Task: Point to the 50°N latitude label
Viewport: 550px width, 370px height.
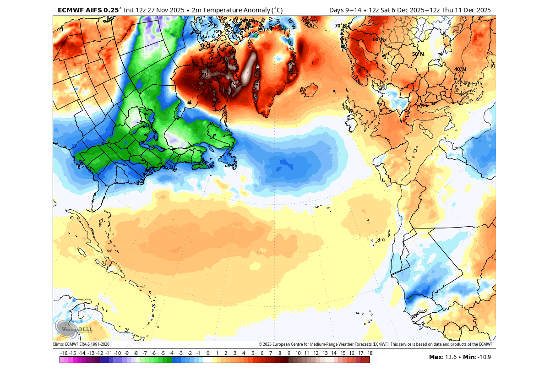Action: [x=418, y=54]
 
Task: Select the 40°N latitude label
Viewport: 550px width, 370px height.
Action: [x=460, y=69]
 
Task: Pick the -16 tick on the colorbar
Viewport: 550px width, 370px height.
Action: [x=64, y=353]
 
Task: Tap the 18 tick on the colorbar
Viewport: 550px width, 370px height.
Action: [x=369, y=353]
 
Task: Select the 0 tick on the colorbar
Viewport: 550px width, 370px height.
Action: [x=207, y=353]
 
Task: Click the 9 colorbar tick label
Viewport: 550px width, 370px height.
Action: [x=289, y=353]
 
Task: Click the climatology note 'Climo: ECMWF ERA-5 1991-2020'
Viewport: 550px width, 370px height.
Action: [x=81, y=344]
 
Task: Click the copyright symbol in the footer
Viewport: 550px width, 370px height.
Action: [x=260, y=344]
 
